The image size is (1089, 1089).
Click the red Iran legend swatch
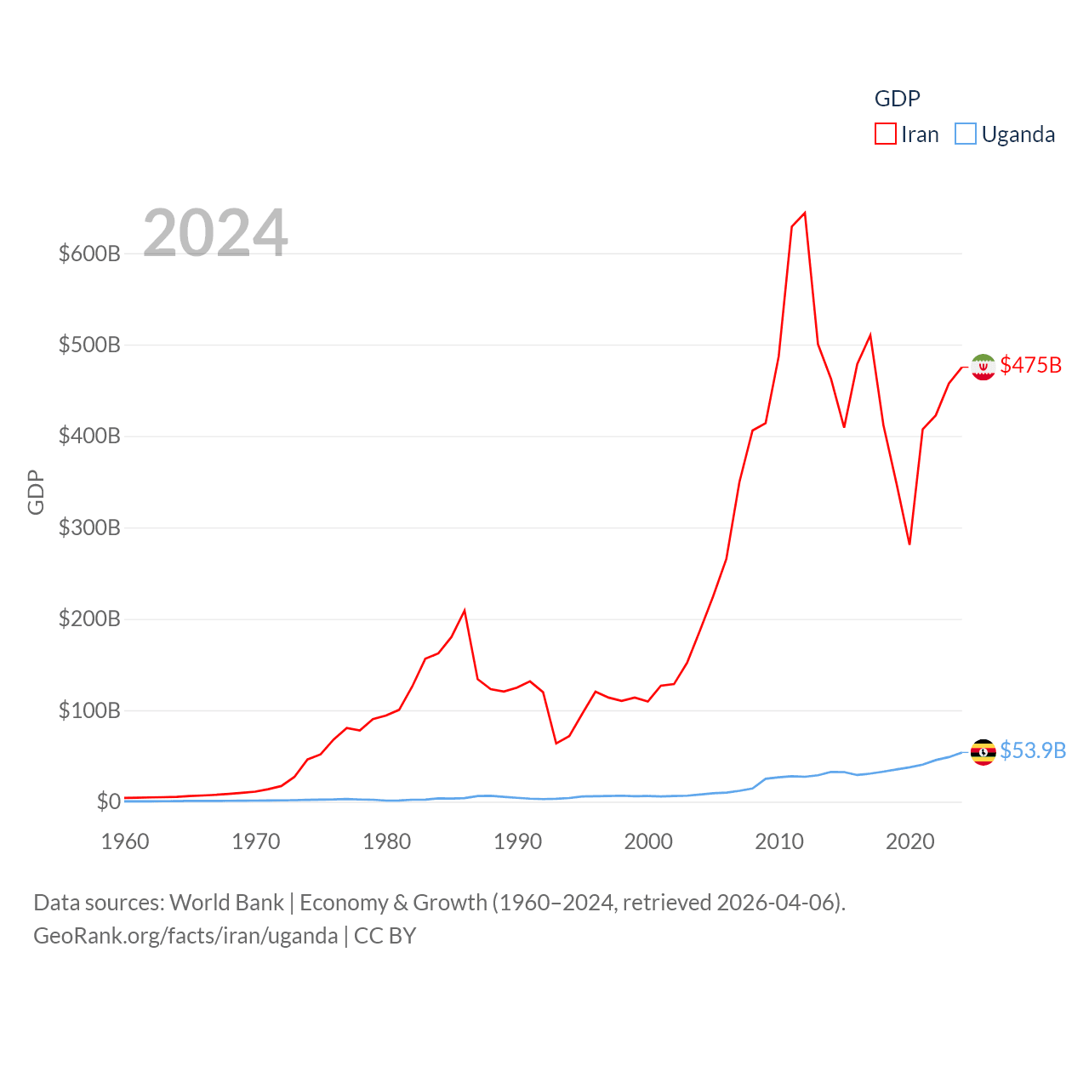[885, 134]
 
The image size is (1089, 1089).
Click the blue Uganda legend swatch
[965, 134]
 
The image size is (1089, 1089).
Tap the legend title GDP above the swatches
[897, 99]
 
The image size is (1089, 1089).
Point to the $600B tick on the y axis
[89, 254]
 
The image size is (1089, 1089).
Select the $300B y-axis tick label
[89, 527]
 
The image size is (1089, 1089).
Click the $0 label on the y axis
[108, 801]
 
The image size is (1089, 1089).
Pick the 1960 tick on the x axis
[125, 841]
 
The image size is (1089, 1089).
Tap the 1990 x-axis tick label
[517, 841]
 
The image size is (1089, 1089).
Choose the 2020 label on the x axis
[909, 841]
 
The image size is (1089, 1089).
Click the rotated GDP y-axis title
[36, 492]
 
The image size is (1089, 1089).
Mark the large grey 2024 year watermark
[215, 233]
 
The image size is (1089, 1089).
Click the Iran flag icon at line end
[983, 367]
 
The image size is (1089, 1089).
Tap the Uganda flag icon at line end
[983, 752]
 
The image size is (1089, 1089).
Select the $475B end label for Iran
[1030, 365]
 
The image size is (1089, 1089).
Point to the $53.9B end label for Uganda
[1032, 750]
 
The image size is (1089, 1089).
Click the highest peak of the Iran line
[805, 213]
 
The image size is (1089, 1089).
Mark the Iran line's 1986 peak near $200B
[465, 610]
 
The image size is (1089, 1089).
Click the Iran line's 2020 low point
[909, 544]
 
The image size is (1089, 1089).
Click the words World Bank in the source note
[226, 902]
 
